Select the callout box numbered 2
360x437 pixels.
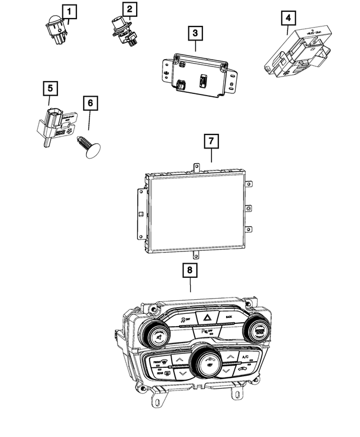tap(129, 9)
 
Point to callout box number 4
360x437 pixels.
tap(287, 19)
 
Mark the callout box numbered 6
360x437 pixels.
tap(89, 103)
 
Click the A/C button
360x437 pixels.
tap(245, 357)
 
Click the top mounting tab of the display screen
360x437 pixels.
tap(196, 167)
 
